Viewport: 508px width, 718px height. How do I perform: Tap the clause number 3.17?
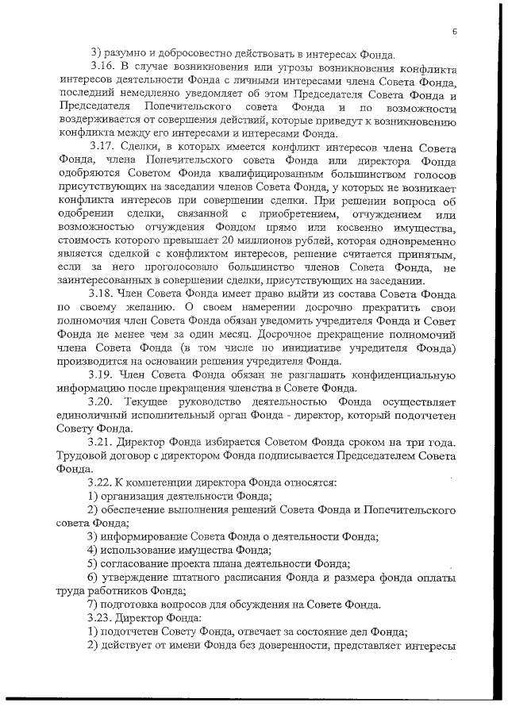point(104,147)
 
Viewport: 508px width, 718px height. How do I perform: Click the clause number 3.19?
point(104,374)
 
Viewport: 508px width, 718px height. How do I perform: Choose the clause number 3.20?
point(104,402)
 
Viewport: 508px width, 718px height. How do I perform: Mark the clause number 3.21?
point(104,443)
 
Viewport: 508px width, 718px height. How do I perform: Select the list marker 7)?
point(93,604)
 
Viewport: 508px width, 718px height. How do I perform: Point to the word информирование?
point(145,536)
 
